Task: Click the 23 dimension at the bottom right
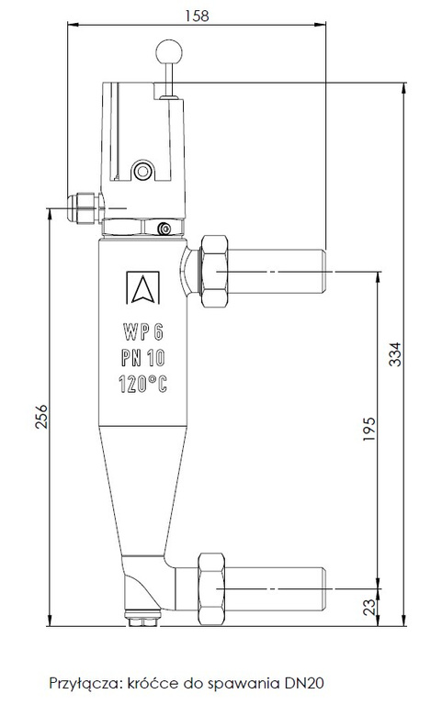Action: point(369,606)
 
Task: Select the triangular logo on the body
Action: point(142,288)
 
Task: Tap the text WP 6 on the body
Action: point(142,330)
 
